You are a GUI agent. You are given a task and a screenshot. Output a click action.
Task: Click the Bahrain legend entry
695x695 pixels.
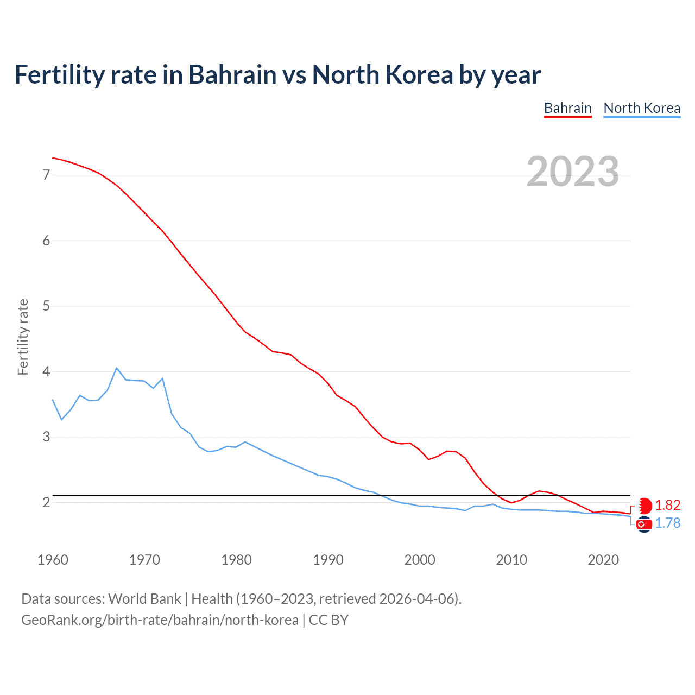pyautogui.click(x=567, y=108)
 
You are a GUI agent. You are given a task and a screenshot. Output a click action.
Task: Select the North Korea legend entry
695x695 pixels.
pyautogui.click(x=642, y=108)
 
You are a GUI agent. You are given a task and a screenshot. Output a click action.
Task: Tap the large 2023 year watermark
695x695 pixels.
pyautogui.click(x=572, y=172)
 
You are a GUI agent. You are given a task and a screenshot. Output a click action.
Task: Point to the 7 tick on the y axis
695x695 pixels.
pyautogui.click(x=46, y=175)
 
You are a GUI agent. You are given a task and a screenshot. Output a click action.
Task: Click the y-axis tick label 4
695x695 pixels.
pyautogui.click(x=46, y=371)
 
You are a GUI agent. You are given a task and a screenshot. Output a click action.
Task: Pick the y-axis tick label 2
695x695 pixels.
pyautogui.click(x=46, y=502)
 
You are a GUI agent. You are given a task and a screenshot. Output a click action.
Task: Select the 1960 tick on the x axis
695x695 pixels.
pyautogui.click(x=53, y=560)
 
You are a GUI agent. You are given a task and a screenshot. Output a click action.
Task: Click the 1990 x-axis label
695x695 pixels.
pyautogui.click(x=328, y=560)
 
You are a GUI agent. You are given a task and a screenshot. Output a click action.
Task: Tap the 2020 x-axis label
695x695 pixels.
pyautogui.click(x=603, y=560)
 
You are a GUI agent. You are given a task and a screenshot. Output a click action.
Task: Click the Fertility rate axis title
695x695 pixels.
pyautogui.click(x=23, y=337)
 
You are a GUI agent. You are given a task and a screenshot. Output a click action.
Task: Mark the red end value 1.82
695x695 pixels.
pyautogui.click(x=667, y=505)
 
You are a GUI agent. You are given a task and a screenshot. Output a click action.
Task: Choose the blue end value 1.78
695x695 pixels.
pyautogui.click(x=667, y=523)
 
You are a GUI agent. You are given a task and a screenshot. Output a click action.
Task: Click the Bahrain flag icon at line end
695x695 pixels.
pyautogui.click(x=645, y=506)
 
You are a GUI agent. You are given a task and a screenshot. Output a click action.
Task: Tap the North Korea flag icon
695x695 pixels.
pyautogui.click(x=644, y=525)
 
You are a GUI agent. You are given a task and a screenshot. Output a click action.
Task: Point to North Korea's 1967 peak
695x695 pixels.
pyautogui.click(x=116, y=368)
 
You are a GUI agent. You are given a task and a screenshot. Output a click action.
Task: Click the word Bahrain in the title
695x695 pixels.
pyautogui.click(x=232, y=74)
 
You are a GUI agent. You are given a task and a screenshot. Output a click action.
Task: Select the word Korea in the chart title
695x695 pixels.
pyautogui.click(x=419, y=74)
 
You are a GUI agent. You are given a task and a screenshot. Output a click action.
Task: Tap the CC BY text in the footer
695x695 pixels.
pyautogui.click(x=328, y=620)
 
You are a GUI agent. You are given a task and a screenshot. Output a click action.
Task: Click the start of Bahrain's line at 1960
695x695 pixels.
pyautogui.click(x=53, y=158)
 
